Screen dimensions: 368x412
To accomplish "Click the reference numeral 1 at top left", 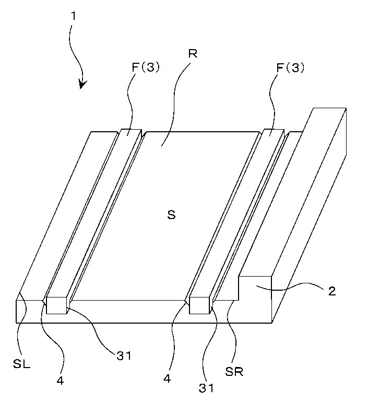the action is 74,16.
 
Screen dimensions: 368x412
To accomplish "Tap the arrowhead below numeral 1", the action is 83,84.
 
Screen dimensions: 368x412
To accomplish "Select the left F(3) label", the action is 146,68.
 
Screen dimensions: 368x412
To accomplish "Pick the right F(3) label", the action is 290,68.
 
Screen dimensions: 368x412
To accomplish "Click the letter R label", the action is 193,54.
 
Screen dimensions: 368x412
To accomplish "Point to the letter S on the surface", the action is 171,215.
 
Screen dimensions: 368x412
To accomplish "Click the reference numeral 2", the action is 332,291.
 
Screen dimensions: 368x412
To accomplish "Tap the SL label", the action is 21,364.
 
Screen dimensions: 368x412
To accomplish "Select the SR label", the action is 234,372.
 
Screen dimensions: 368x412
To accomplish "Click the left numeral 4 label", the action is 60,381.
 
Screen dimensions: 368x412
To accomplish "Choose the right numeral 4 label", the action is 167,379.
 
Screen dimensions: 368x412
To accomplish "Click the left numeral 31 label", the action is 124,356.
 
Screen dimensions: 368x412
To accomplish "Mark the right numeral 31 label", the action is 206,388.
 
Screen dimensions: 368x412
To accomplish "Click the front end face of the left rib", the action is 57,305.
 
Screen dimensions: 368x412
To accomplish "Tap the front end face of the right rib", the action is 200,305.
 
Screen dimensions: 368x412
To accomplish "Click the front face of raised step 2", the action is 255,299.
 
